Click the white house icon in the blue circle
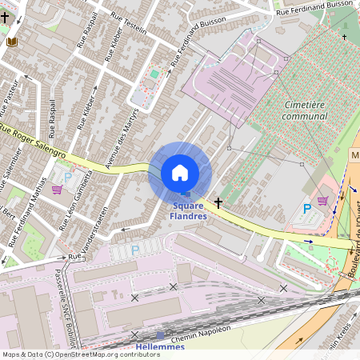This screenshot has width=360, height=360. [180, 173]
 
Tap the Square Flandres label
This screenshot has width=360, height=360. [190, 210]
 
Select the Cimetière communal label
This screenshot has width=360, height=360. [306, 110]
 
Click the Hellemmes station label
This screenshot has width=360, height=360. [159, 346]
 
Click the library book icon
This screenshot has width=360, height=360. [11, 42]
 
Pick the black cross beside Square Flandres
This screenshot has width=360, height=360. [218, 204]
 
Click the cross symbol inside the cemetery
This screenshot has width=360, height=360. [345, 37]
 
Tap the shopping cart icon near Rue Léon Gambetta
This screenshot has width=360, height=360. [57, 190]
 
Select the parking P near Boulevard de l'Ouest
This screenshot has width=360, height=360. [306, 210]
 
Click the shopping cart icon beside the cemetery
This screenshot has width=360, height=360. [322, 201]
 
